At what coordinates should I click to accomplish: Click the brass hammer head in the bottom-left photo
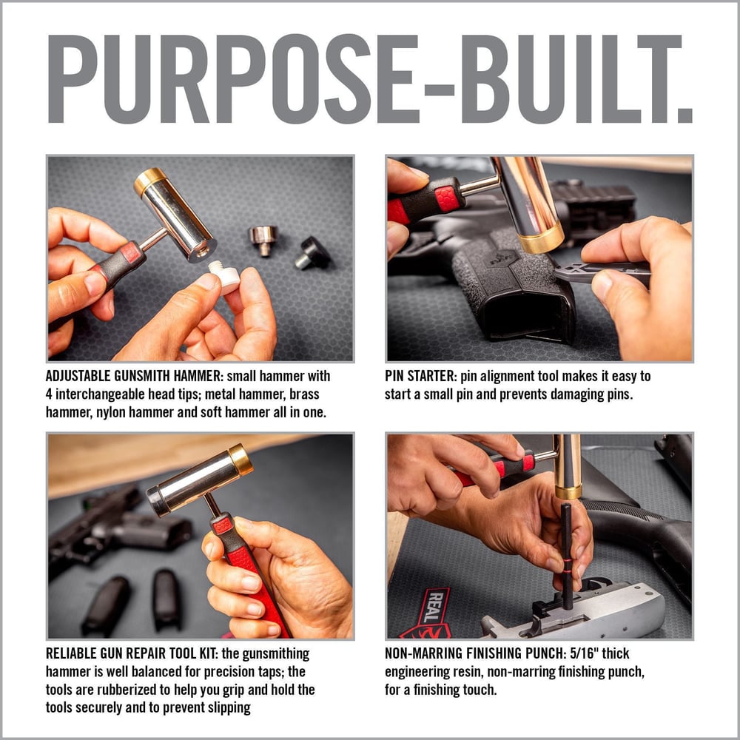[240, 460]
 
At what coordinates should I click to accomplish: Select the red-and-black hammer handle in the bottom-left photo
[248, 562]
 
